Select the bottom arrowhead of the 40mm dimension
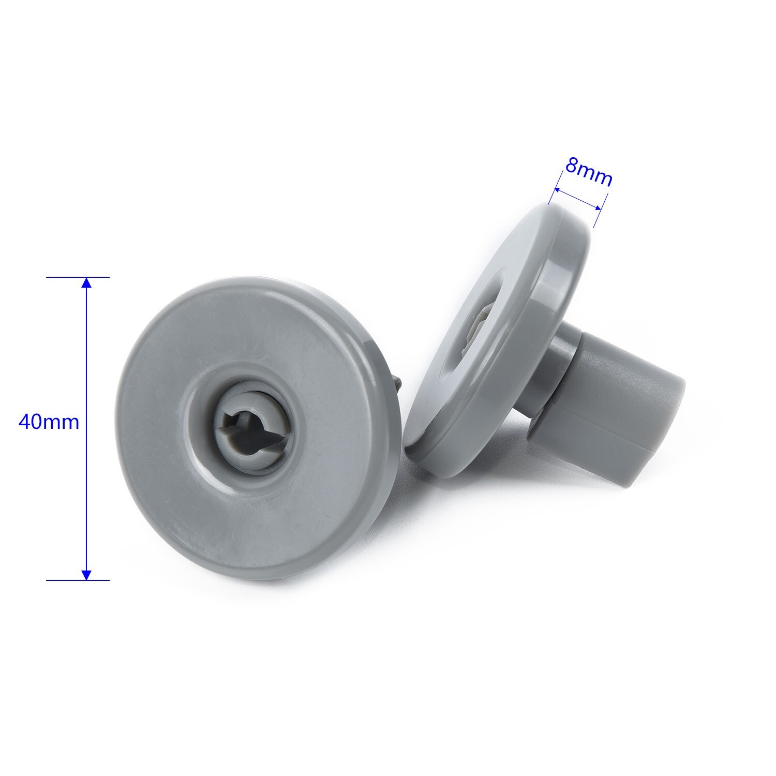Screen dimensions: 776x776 tap(86, 574)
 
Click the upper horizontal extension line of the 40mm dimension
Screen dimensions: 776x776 tap(78, 277)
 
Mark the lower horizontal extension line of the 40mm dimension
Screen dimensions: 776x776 tap(78, 580)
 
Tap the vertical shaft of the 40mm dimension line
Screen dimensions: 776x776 tap(86, 362)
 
